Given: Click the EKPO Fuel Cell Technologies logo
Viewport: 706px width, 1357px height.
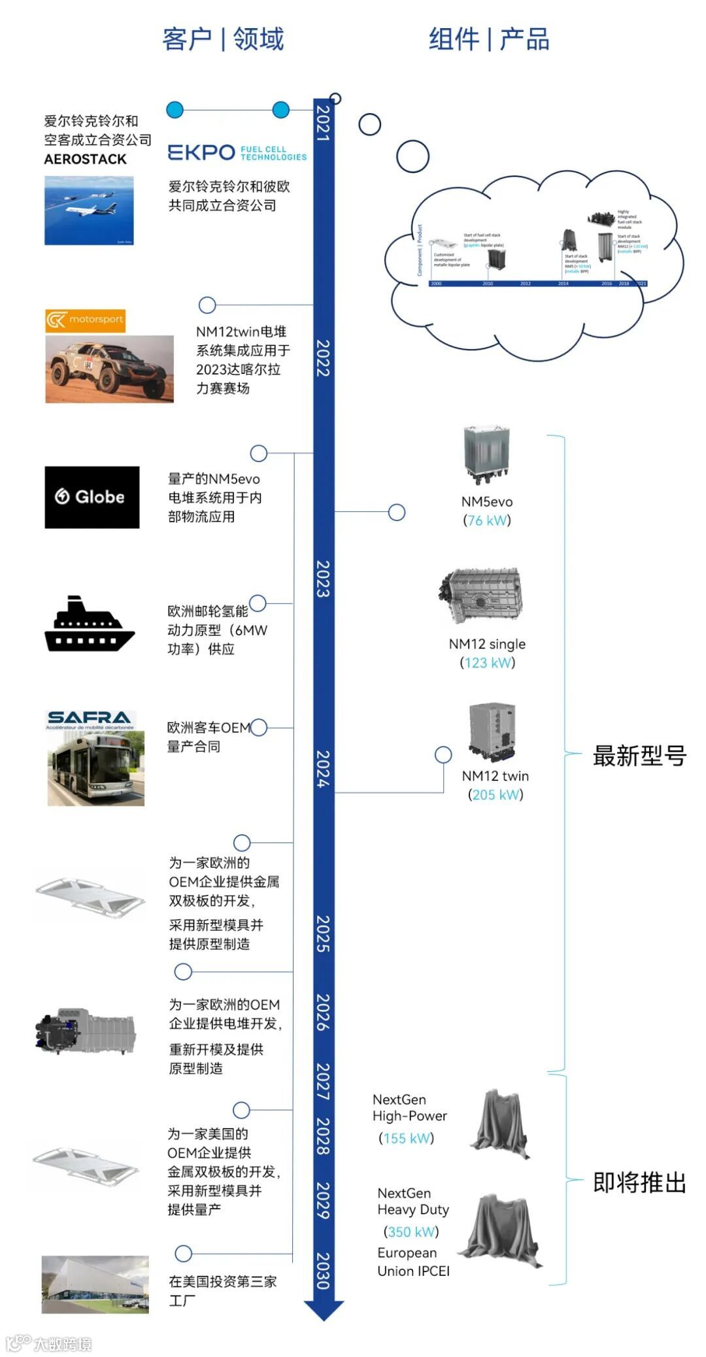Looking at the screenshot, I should tap(237, 152).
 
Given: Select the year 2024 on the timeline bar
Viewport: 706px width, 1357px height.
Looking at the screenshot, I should tap(323, 768).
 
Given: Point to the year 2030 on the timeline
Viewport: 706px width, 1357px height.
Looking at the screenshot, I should tap(323, 1271).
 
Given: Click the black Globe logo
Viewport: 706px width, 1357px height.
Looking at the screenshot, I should tap(92, 497).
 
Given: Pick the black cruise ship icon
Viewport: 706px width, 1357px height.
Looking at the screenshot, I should tap(89, 624).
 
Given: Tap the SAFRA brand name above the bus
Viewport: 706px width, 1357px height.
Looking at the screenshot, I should tap(89, 717).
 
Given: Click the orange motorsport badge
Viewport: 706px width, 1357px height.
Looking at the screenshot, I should tap(85, 320).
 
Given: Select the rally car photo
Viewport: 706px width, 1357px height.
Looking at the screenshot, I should tap(109, 369).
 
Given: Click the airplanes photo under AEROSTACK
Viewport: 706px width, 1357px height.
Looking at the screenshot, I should tap(89, 210).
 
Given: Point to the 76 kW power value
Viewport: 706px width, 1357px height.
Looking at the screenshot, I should tap(487, 520).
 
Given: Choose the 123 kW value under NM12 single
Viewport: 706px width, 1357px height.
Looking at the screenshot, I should tap(488, 663).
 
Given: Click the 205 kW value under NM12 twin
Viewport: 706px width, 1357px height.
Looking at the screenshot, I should tap(496, 795).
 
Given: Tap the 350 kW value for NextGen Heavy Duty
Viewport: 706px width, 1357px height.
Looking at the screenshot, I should tap(411, 1231).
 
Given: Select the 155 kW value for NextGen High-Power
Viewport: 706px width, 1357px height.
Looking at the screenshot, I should tap(407, 1138).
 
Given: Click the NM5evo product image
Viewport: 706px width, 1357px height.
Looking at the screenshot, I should tap(486, 455).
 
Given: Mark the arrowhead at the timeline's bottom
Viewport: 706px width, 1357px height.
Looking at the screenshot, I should tap(324, 1309).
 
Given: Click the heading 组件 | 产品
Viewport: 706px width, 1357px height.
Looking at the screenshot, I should tap(489, 39).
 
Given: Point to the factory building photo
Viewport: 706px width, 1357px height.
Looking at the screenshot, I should tap(95, 1284).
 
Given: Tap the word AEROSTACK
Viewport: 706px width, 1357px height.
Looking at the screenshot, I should tap(85, 159).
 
